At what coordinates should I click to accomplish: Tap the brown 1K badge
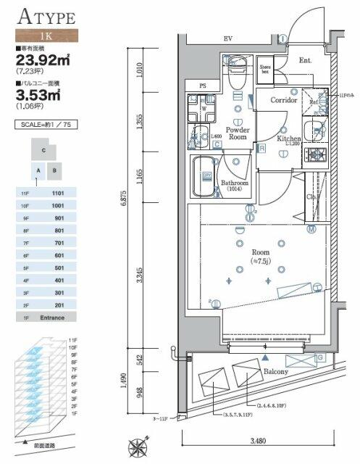tap(47, 35)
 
